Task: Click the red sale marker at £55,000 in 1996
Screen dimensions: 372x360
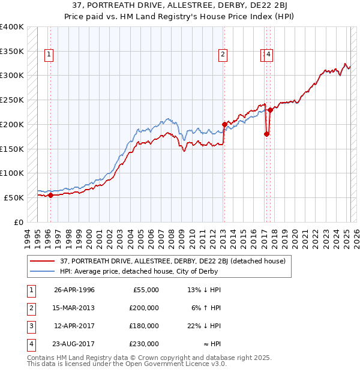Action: coord(50,195)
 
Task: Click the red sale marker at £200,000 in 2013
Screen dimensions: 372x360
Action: coord(224,124)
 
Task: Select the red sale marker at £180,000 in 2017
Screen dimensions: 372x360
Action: coord(266,134)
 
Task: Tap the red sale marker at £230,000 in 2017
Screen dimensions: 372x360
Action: coord(271,110)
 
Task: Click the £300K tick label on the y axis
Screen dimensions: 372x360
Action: coord(12,76)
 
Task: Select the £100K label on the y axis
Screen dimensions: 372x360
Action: coord(12,173)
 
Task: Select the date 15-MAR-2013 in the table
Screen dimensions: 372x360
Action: coord(74,308)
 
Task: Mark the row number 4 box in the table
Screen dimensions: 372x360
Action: coord(29,344)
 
